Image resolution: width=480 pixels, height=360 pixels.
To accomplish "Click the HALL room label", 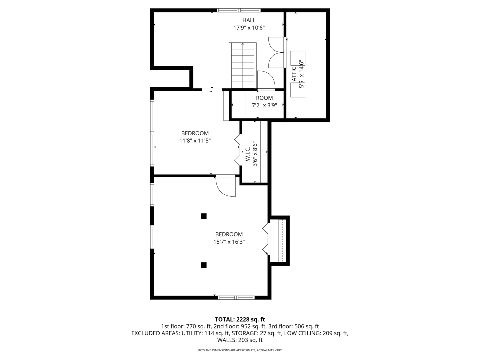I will [x=249, y=20].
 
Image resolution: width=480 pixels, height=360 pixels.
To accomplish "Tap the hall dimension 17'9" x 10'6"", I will [x=249, y=28].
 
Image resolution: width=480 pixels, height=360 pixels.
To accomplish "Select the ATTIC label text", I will [x=294, y=74].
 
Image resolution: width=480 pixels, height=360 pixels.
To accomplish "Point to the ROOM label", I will [x=264, y=98].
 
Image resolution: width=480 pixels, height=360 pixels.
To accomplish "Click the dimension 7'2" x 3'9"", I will [x=264, y=106].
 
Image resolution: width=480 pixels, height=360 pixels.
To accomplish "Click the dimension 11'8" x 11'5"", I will [x=195, y=141].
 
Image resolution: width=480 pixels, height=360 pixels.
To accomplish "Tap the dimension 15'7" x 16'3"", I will [x=229, y=242].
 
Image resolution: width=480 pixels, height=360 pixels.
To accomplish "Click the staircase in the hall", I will [x=243, y=65].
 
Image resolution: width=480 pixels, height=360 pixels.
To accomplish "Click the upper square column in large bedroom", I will [x=204, y=216].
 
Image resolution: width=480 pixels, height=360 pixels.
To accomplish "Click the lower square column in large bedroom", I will [x=204, y=265].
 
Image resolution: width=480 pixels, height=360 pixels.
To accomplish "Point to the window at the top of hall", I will [x=239, y=10].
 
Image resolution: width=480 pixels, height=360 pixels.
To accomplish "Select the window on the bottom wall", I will [x=236, y=297].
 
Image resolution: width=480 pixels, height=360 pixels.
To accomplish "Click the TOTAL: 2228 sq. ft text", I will [x=240, y=319].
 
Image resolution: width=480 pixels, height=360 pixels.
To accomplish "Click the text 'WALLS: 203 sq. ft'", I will [x=240, y=340].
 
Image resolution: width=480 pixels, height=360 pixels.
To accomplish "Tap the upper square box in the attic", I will [x=298, y=58].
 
